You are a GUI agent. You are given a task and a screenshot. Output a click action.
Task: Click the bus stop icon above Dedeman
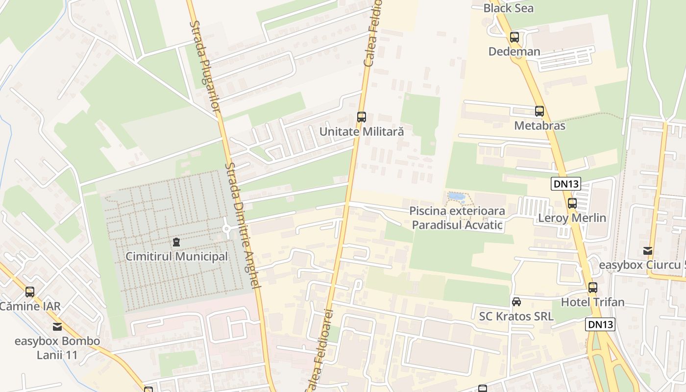coord(514,37)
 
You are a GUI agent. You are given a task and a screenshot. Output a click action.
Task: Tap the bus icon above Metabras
coord(539,111)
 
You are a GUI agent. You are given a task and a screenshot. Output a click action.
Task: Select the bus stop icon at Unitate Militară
coord(362,117)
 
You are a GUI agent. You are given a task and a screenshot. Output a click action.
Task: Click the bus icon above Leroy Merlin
coord(572,203)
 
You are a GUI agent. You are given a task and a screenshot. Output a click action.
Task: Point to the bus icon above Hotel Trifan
coord(593,288)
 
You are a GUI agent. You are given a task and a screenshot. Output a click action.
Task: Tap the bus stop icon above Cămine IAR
coord(30,292)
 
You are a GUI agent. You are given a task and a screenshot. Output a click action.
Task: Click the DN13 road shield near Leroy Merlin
coord(566,184)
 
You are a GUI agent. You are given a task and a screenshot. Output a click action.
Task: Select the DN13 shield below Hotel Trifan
coord(600,324)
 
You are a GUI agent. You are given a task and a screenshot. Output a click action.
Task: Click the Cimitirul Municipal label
coord(176,256)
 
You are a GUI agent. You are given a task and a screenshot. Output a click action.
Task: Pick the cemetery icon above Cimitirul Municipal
coord(176,242)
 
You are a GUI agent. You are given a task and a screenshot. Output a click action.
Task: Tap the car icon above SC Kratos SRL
coord(516,302)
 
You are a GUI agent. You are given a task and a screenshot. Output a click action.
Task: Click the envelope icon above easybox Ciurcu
coord(648,251)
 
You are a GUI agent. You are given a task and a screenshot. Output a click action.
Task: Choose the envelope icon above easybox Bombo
coord(57,327)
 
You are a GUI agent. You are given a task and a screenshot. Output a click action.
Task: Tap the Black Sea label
coord(508,8)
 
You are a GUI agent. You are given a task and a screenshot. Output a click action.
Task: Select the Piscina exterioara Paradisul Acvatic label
coord(457,218)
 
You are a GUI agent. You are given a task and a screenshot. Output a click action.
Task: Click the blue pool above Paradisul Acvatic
coord(457,196)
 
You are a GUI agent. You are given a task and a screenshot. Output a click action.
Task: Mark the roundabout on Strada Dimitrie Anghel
coord(227,228)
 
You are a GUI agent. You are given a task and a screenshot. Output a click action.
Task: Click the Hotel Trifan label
coord(592,302)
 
